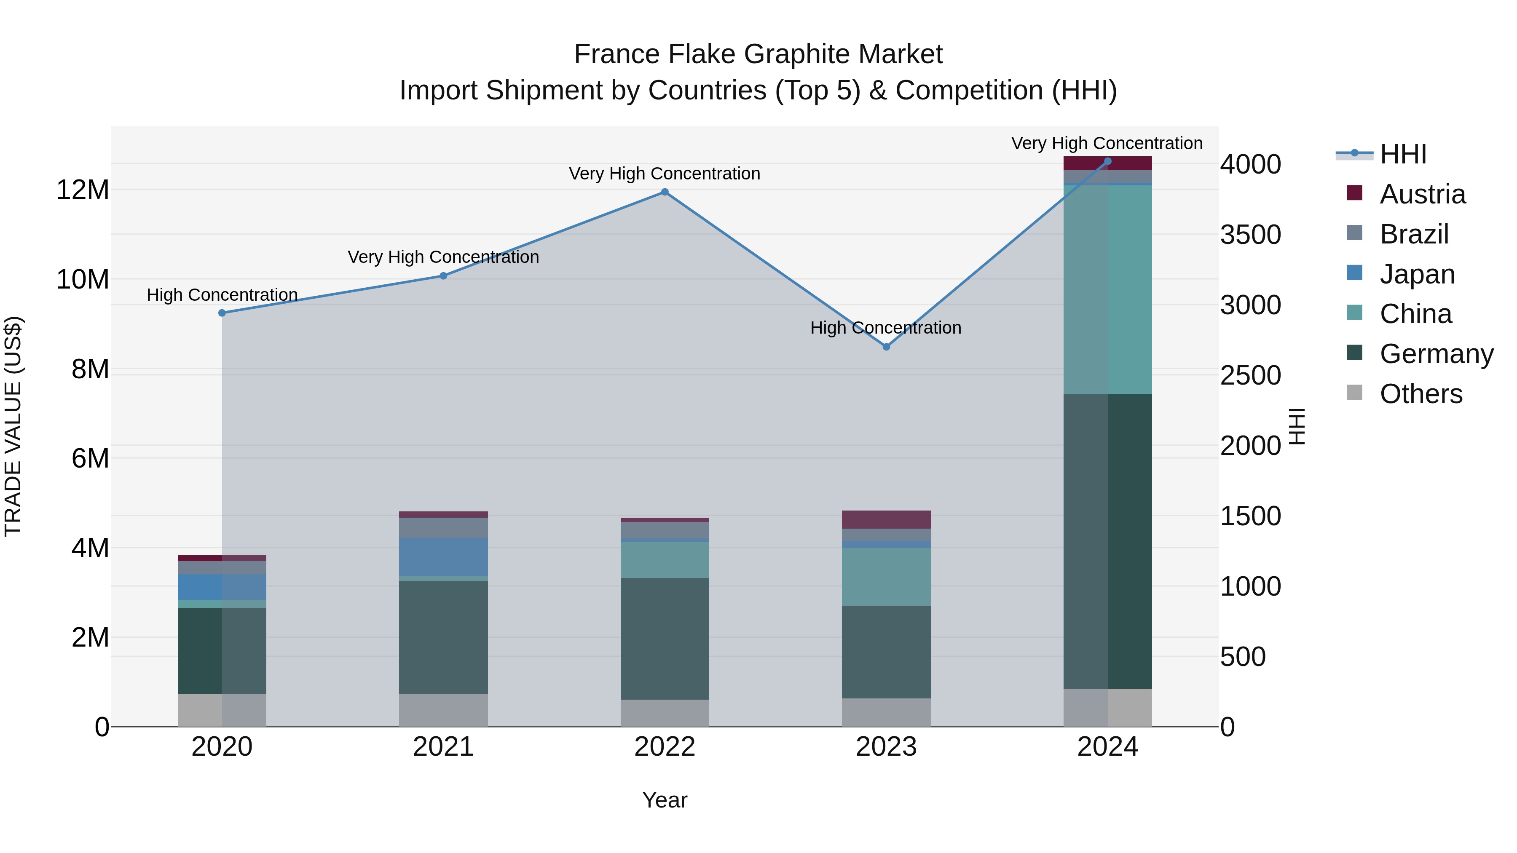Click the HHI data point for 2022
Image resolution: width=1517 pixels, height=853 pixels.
pyautogui.click(x=665, y=192)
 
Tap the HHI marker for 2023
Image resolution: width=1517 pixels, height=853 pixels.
pyautogui.click(x=886, y=347)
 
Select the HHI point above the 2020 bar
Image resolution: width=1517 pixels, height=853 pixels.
pyautogui.click(x=222, y=313)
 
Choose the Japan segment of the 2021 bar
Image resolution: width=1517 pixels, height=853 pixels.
pyautogui.click(x=443, y=556)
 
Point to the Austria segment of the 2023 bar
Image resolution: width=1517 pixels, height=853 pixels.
pyautogui.click(x=886, y=519)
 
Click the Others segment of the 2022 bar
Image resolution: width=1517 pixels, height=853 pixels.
pyautogui.click(x=665, y=713)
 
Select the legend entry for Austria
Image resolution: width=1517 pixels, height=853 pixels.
pyautogui.click(x=1422, y=194)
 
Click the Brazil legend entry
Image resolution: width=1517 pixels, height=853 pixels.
pyautogui.click(x=1414, y=234)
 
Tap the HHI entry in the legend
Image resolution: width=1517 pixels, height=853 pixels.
pyautogui.click(x=1403, y=154)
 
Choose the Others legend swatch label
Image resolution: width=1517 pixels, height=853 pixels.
pyautogui.click(x=1421, y=394)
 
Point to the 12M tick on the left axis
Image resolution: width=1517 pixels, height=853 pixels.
pyautogui.click(x=83, y=190)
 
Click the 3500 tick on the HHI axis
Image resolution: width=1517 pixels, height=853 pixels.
pyautogui.click(x=1250, y=234)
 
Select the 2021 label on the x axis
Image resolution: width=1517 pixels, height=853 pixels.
pyautogui.click(x=443, y=747)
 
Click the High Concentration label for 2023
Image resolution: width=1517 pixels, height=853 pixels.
pyautogui.click(x=886, y=327)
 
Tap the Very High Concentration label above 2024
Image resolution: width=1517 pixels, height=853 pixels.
pyautogui.click(x=1107, y=143)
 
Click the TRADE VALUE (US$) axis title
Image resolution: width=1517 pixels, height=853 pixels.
pyautogui.click(x=13, y=426)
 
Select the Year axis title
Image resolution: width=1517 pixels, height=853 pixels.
pyautogui.click(x=665, y=800)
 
